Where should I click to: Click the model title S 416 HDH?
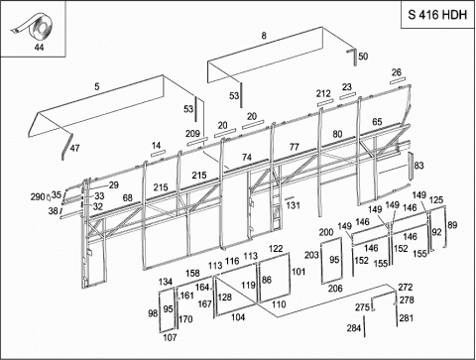pyautogui.click(x=437, y=15)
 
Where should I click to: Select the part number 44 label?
pyautogui.click(x=39, y=48)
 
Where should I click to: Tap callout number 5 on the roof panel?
pyautogui.click(x=96, y=86)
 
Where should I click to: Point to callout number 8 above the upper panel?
pyautogui.click(x=264, y=36)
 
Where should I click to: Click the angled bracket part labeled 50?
pyautogui.click(x=352, y=57)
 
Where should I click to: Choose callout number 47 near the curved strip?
pyautogui.click(x=74, y=148)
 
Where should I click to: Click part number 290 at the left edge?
pyautogui.click(x=38, y=197)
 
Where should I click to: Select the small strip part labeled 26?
pyautogui.click(x=397, y=81)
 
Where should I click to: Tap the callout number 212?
pyautogui.click(x=323, y=93)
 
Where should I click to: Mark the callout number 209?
pyautogui.click(x=192, y=134)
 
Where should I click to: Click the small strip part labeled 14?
pyautogui.click(x=158, y=154)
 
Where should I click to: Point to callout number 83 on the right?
pyautogui.click(x=418, y=166)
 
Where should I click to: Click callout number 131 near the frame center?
pyautogui.click(x=293, y=205)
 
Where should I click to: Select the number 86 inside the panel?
pyautogui.click(x=267, y=280)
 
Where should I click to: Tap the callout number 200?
pyautogui.click(x=326, y=232)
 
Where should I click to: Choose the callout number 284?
pyautogui.click(x=354, y=328)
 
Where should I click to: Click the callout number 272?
pyautogui.click(x=406, y=288)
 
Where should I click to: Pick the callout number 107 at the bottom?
pyautogui.click(x=170, y=337)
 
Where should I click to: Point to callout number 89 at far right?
pyautogui.click(x=452, y=225)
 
